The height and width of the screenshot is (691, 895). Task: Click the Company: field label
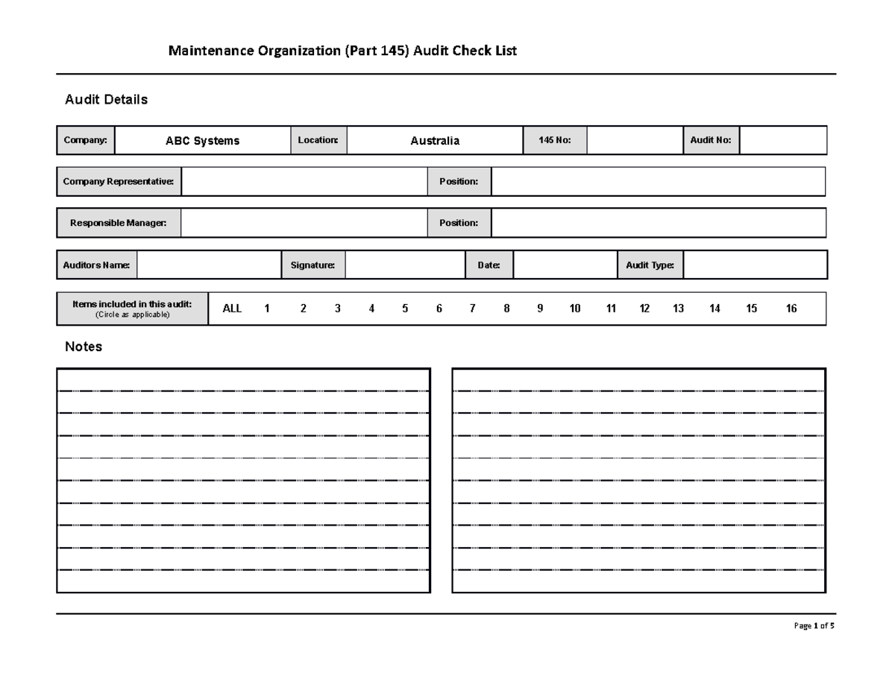85,140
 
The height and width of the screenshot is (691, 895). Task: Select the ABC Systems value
202,141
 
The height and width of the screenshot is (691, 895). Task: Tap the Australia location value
435,141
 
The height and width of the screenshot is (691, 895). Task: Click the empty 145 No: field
634,140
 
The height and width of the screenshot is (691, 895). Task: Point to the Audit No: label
711,140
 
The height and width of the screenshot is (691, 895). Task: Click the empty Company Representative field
304,181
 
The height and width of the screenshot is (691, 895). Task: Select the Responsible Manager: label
119,223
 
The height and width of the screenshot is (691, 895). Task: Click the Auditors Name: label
97,265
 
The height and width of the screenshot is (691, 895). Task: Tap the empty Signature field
405,265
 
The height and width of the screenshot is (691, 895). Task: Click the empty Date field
565,265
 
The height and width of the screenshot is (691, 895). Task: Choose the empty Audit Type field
755,265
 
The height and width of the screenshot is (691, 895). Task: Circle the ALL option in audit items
232,309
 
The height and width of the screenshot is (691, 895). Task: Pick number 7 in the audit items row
473,309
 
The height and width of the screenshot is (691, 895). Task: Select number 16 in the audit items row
791,309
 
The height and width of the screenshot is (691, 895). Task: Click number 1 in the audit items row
267,309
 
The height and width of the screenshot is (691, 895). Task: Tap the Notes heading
84,347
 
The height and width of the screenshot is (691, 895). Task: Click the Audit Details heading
107,99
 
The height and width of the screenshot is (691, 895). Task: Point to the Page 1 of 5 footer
814,626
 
